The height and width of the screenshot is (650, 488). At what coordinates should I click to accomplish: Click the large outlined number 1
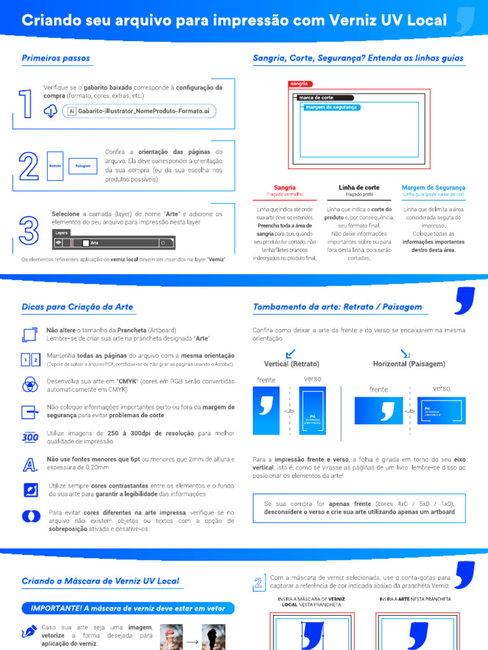point(26,103)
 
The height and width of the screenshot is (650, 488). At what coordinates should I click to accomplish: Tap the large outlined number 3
point(29,230)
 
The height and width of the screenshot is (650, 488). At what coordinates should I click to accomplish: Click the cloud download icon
point(51,111)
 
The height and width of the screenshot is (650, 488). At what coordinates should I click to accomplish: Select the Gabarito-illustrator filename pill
point(139,111)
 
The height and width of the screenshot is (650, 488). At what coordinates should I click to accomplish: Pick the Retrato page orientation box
point(55,166)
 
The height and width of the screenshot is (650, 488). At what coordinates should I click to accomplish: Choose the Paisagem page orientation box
point(83,166)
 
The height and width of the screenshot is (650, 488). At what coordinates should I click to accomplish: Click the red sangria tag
point(300,84)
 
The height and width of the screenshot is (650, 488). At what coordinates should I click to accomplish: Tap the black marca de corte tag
point(323,98)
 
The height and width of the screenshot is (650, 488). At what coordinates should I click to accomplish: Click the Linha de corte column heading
point(359,187)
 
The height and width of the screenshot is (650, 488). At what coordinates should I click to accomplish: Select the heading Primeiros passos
point(56,58)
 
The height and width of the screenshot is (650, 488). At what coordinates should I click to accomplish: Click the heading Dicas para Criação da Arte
point(78,307)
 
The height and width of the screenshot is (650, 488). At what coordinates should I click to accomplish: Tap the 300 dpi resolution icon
point(30,437)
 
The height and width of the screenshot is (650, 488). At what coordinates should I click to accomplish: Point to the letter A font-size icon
point(29,465)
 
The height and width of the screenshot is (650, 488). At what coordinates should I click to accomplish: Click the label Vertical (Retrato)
point(292,364)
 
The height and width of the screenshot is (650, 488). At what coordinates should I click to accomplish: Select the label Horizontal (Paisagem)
point(409,364)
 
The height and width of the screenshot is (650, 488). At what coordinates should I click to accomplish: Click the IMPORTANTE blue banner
point(128,608)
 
